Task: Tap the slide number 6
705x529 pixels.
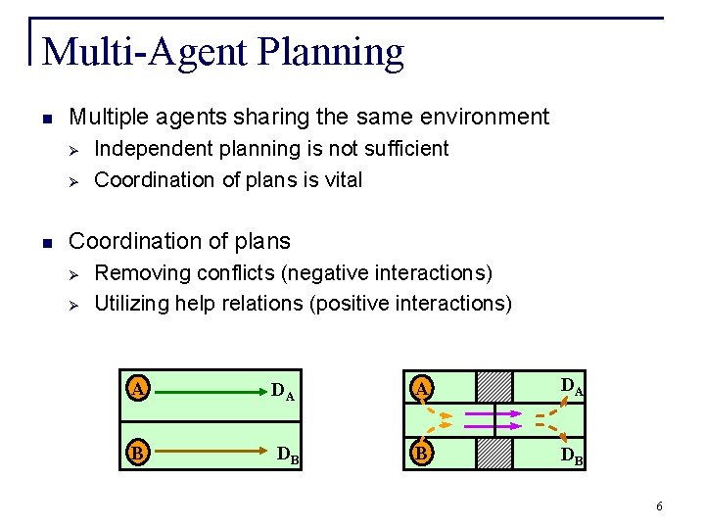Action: pos(659,506)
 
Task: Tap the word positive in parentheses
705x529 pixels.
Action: pos(351,304)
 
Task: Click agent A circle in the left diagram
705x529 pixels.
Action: pos(139,389)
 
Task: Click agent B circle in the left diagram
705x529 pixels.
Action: pos(139,454)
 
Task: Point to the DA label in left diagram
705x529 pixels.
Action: pos(283,393)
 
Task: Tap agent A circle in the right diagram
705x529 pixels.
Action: pos(421,389)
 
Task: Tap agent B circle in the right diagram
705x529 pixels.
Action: pos(421,454)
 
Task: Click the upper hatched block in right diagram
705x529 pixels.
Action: pos(493,386)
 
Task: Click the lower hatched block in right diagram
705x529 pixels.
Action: pos(493,454)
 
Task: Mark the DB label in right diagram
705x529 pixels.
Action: pos(572,456)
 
